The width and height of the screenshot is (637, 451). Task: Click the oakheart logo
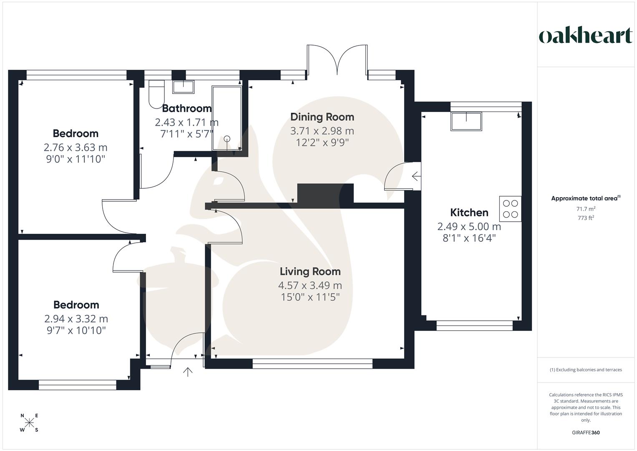585,36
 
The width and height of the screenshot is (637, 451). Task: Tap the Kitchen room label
469,213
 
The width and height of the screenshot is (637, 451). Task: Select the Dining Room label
322,117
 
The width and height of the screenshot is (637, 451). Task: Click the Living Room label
310,271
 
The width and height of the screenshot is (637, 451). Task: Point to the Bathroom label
186,109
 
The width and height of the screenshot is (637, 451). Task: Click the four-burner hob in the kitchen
510,209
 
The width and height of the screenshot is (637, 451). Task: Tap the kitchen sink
466,121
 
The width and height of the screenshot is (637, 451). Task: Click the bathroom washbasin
183,87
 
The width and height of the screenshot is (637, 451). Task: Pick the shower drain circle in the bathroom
227,139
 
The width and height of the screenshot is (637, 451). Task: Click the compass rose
30,423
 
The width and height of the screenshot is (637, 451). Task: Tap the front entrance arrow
188,372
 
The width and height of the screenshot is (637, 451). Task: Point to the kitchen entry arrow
415,176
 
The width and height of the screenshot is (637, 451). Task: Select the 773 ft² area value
586,218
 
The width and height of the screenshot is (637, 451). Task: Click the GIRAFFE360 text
585,433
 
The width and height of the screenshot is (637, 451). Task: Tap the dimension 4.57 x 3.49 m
310,286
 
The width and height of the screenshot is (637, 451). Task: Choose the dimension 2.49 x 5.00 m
469,227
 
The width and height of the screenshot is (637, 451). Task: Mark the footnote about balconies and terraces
586,370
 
